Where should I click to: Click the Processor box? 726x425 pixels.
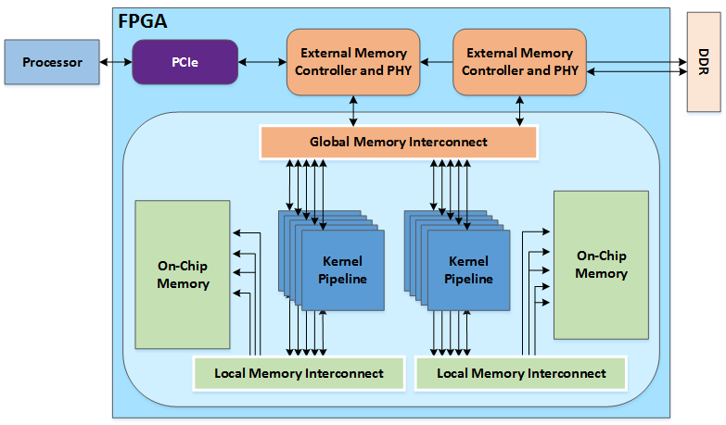pyautogui.click(x=52, y=62)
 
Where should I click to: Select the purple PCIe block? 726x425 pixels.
pyautogui.click(x=183, y=62)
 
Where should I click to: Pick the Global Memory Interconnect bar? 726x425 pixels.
pyautogui.click(x=399, y=143)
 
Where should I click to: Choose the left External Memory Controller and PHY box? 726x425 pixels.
pyautogui.click(x=352, y=62)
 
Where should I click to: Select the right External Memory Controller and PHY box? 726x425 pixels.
pyautogui.click(x=518, y=62)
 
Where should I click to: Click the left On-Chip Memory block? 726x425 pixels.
pyautogui.click(x=183, y=274)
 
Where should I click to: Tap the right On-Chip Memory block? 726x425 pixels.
pyautogui.click(x=601, y=265)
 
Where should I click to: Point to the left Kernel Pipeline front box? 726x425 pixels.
pyautogui.click(x=342, y=270)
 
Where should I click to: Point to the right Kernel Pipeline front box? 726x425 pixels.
pyautogui.click(x=468, y=270)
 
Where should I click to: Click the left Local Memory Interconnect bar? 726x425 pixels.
pyautogui.click(x=299, y=373)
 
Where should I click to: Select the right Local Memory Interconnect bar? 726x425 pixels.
pyautogui.click(x=521, y=373)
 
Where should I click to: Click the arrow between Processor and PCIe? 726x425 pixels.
pyautogui.click(x=115, y=62)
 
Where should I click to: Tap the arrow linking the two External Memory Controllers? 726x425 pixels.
pyautogui.click(x=436, y=62)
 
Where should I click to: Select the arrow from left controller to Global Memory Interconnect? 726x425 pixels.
pyautogui.click(x=352, y=109)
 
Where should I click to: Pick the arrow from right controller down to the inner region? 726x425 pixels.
pyautogui.click(x=518, y=108)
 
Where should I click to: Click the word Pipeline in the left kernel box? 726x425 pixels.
pyautogui.click(x=342, y=279)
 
